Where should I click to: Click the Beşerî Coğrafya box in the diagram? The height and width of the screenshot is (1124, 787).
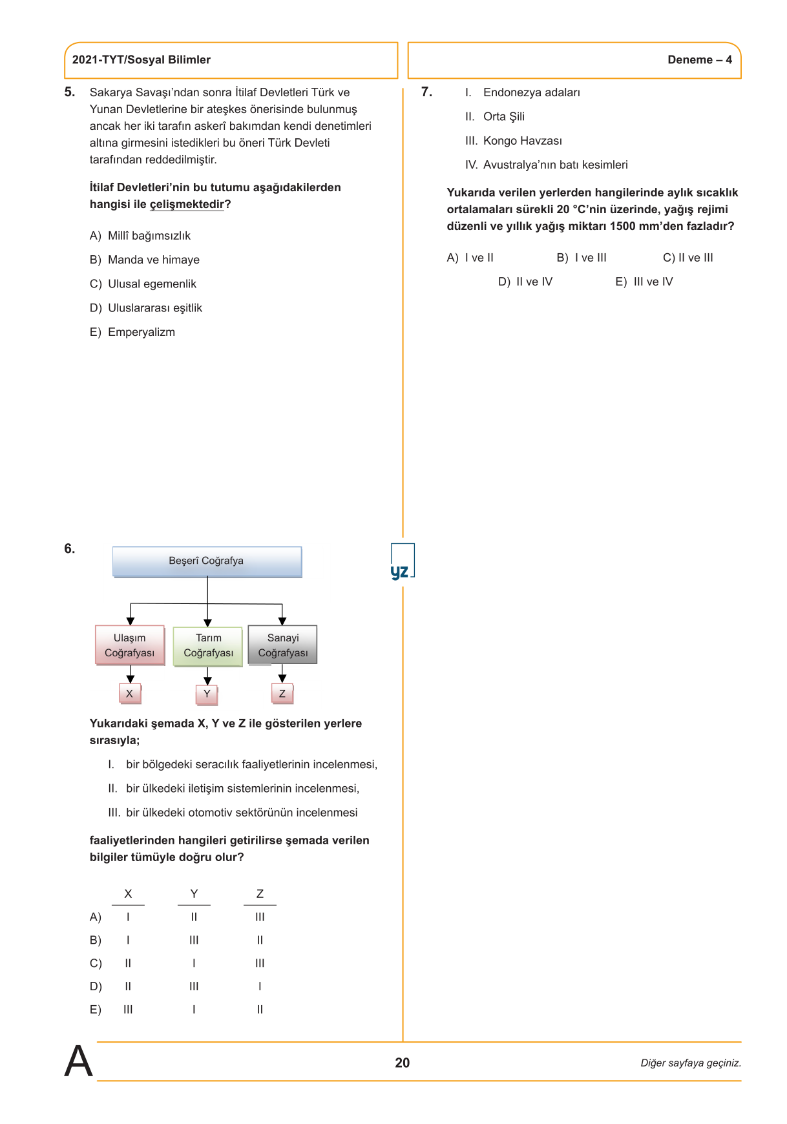[207, 561]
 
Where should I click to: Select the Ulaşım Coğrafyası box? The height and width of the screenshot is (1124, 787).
[130, 645]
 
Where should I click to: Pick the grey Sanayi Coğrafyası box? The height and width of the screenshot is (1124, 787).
[282, 645]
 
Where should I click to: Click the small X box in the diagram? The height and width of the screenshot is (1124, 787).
[130, 694]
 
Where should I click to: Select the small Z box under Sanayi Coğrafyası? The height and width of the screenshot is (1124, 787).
[282, 694]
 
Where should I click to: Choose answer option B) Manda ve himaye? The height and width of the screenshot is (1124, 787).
[145, 260]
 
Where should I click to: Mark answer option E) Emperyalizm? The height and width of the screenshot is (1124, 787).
[132, 332]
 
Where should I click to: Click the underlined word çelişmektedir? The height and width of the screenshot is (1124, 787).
[187, 205]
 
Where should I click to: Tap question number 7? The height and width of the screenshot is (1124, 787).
[426, 92]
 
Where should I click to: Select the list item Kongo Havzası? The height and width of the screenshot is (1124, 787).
[522, 141]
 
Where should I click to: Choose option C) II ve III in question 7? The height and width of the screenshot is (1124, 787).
[687, 258]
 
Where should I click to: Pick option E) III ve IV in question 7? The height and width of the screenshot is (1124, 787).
[644, 282]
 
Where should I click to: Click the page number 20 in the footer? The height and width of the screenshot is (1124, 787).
[402, 1063]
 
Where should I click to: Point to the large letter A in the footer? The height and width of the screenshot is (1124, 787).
[79, 1061]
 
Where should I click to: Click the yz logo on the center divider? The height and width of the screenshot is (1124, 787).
[400, 571]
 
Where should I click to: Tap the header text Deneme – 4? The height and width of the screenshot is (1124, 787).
[699, 60]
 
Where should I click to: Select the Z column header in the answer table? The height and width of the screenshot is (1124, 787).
[260, 894]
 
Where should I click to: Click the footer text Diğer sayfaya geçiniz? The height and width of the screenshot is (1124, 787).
[690, 1063]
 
